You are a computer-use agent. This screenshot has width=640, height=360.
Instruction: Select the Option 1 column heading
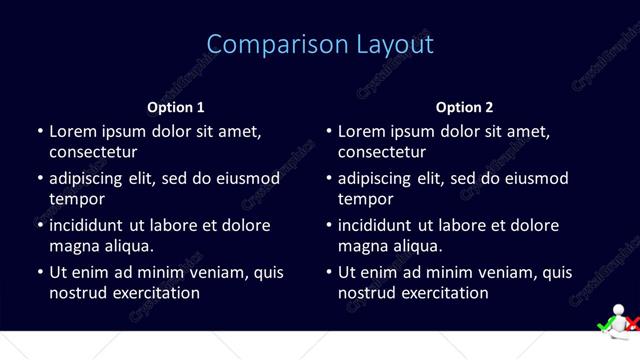(176, 107)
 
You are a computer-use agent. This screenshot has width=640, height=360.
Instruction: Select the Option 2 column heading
(465, 107)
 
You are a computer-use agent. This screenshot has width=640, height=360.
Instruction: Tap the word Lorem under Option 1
(72, 131)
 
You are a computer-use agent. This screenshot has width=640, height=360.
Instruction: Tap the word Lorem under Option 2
(361, 131)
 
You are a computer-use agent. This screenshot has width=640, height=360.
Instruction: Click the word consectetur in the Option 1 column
(93, 153)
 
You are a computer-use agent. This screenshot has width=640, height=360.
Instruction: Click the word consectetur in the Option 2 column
(382, 153)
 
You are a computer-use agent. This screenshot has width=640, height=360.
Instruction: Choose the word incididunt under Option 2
(376, 225)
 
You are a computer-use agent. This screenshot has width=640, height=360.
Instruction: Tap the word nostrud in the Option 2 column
(367, 293)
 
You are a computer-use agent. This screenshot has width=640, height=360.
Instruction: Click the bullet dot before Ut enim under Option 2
(329, 272)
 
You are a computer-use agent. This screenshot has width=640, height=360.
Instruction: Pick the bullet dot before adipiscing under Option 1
(40, 179)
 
